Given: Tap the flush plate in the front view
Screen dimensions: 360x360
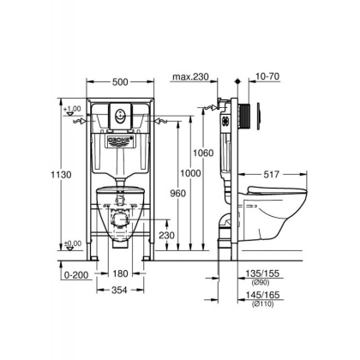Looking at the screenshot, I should click(122, 111).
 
